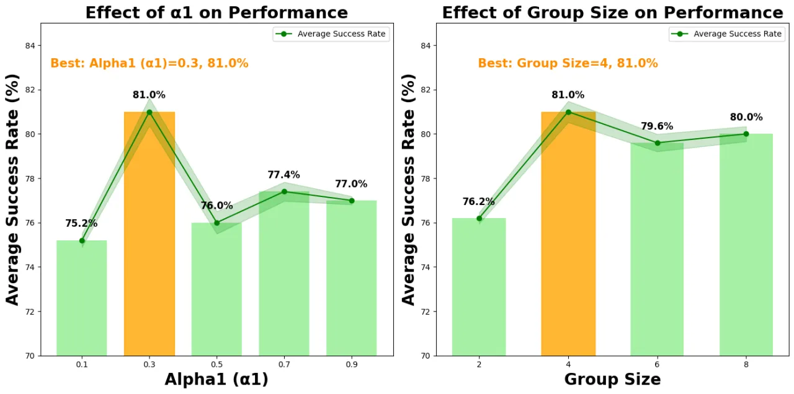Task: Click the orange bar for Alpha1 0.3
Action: click(149, 234)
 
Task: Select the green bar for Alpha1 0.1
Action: click(81, 298)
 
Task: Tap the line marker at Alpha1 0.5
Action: click(217, 223)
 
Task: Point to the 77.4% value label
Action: click(283, 175)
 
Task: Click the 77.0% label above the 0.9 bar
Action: click(351, 184)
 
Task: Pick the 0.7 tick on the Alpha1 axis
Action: click(284, 364)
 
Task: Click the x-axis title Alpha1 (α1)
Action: click(216, 379)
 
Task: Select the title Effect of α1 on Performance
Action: click(216, 13)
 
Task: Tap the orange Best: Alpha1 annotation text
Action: click(149, 63)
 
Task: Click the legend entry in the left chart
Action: click(331, 34)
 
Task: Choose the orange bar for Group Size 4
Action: click(568, 234)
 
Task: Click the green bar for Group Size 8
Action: click(746, 245)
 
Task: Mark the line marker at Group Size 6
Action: click(658, 143)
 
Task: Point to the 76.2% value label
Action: click(478, 201)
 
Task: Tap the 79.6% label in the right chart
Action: click(657, 126)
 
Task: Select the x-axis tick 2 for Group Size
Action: click(480, 364)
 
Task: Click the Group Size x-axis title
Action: click(612, 379)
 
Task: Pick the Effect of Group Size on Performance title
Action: click(612, 13)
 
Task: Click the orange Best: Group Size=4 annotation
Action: click(568, 63)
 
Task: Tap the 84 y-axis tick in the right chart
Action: click(426, 46)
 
